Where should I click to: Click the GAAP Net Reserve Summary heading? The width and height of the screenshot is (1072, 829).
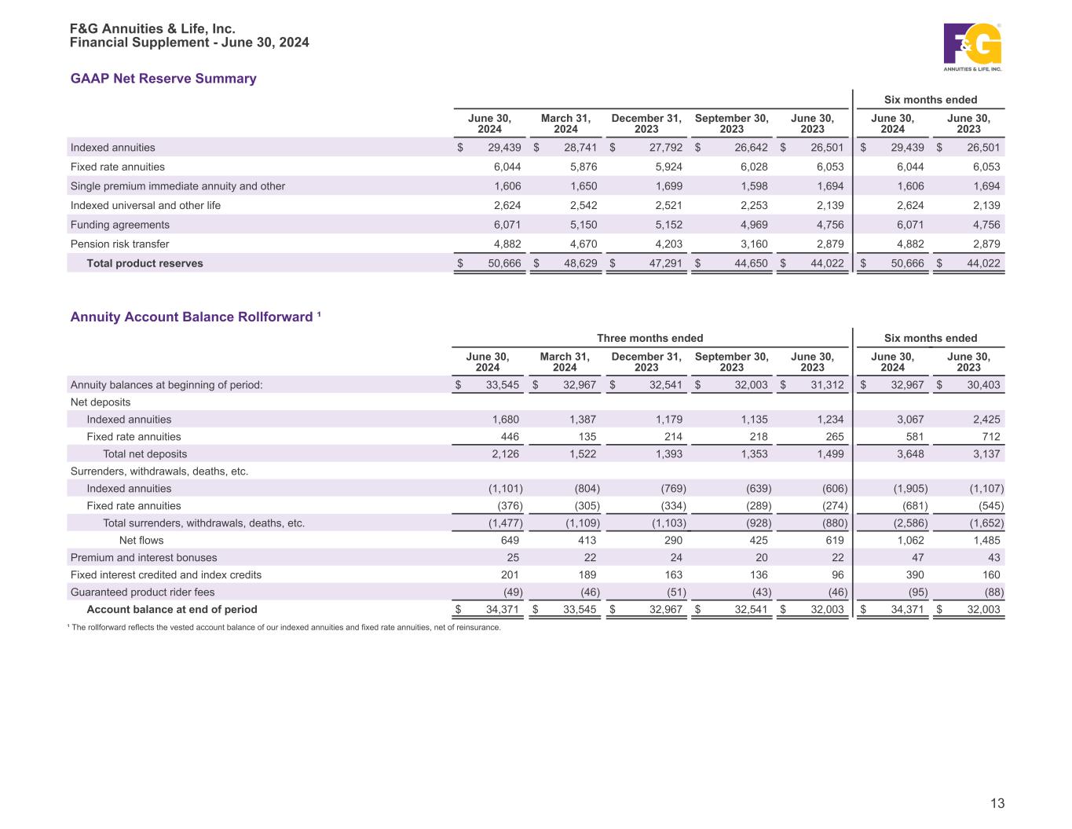point(163,79)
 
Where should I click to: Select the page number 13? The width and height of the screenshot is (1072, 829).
point(997,803)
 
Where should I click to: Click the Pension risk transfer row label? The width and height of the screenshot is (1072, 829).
point(119,244)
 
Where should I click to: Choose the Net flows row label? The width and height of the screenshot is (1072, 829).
point(141,540)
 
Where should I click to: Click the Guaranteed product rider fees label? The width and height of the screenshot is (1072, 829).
point(142,592)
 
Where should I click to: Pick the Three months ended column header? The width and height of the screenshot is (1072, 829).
point(649,338)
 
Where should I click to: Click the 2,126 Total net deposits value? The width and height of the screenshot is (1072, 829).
point(504,453)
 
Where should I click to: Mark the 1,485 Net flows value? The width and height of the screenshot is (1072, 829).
point(985,540)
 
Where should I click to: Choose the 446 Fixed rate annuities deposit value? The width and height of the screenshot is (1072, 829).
point(510,436)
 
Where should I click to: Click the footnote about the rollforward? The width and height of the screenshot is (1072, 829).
point(285,627)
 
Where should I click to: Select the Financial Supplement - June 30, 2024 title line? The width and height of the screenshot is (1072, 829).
point(189,42)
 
